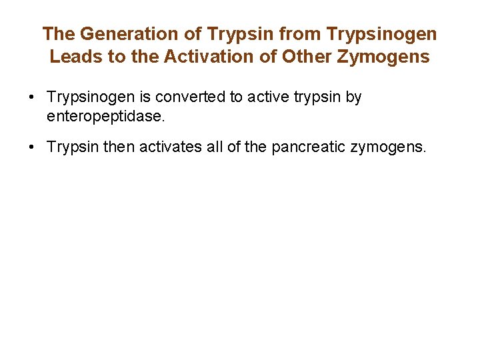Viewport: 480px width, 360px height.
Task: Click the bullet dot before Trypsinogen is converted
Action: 31,97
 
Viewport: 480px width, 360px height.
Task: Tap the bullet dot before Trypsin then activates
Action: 31,147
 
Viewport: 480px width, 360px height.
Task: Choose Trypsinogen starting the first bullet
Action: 89,97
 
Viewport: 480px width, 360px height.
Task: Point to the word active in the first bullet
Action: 269,97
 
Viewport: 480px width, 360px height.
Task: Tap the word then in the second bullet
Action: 117,147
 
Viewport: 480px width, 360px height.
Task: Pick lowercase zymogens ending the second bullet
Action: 390,147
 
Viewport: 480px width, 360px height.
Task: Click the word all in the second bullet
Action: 215,147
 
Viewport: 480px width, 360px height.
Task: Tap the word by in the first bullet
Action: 353,97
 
